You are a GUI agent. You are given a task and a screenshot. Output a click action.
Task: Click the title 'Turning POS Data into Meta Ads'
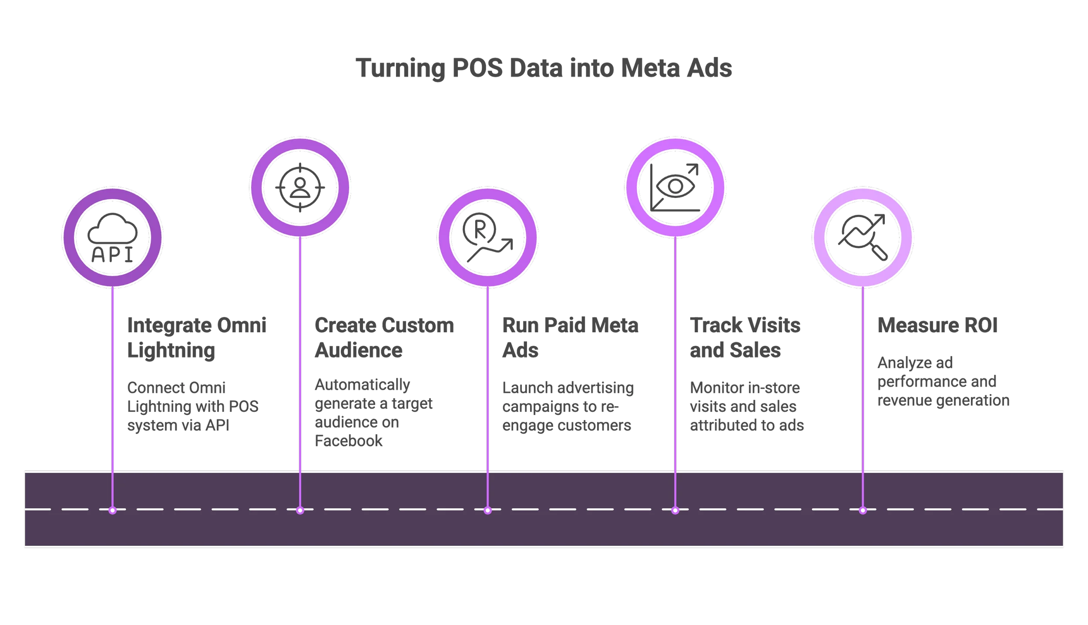click(544, 68)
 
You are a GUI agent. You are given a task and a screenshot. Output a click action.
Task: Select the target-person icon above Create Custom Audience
click(300, 187)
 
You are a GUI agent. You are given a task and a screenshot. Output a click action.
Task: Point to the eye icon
click(675, 187)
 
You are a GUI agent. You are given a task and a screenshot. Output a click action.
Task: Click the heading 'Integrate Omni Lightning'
click(197, 338)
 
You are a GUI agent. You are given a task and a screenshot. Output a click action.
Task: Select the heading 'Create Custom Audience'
click(384, 338)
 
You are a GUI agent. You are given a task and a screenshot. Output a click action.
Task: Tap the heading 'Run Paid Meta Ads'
click(571, 338)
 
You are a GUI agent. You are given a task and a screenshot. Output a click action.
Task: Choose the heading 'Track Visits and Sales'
click(745, 338)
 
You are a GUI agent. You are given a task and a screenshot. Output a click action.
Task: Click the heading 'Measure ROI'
click(938, 325)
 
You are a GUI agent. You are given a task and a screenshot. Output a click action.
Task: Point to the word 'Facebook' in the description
click(349, 441)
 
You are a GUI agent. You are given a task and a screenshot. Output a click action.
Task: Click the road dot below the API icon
click(113, 510)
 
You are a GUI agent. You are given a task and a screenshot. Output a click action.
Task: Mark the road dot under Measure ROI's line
click(863, 510)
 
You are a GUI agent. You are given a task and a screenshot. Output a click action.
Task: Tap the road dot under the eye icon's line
click(675, 510)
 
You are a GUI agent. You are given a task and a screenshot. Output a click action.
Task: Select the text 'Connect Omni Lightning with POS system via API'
click(192, 406)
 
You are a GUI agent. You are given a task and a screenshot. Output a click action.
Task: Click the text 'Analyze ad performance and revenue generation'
click(943, 381)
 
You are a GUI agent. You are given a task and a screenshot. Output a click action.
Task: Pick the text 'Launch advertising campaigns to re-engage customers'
click(568, 406)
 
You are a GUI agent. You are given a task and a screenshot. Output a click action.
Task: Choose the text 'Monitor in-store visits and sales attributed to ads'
click(746, 406)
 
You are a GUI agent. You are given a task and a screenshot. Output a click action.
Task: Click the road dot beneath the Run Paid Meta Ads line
click(487, 510)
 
